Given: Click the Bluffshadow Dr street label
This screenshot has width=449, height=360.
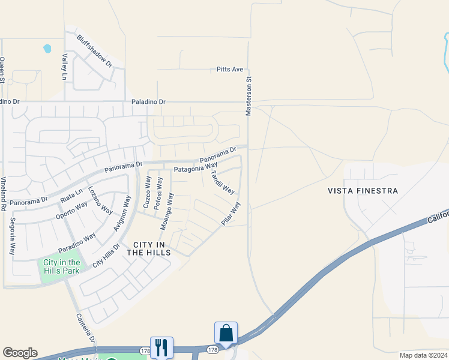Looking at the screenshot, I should coord(95,50).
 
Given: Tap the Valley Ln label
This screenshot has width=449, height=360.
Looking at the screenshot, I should coord(65,67).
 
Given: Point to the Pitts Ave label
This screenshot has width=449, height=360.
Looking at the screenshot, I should coord(230,70).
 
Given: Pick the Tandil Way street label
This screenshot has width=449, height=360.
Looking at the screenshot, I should coord(223,182).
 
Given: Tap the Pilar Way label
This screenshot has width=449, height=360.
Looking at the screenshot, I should coord(231,214).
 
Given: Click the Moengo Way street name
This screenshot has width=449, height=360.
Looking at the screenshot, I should coord(166,211).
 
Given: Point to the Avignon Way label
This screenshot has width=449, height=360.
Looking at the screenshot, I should coord(122,213).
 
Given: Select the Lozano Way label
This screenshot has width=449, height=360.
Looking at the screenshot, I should coord(100,200).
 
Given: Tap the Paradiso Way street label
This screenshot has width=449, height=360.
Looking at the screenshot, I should coord(77,242).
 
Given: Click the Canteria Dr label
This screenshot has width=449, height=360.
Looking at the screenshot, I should coord(85,328).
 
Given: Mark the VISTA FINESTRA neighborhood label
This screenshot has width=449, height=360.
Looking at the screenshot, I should coord(363,191).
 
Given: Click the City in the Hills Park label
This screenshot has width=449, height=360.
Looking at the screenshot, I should coord(61,266).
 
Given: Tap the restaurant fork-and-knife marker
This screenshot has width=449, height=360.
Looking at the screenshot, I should coord(161,346).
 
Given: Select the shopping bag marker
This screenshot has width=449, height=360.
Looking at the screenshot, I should coord(226,332).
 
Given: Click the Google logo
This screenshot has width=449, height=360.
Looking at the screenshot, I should coord(20,353).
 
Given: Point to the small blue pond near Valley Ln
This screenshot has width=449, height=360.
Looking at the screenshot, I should coord(47,49).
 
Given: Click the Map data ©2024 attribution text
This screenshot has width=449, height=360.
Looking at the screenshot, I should coord(423,355).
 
